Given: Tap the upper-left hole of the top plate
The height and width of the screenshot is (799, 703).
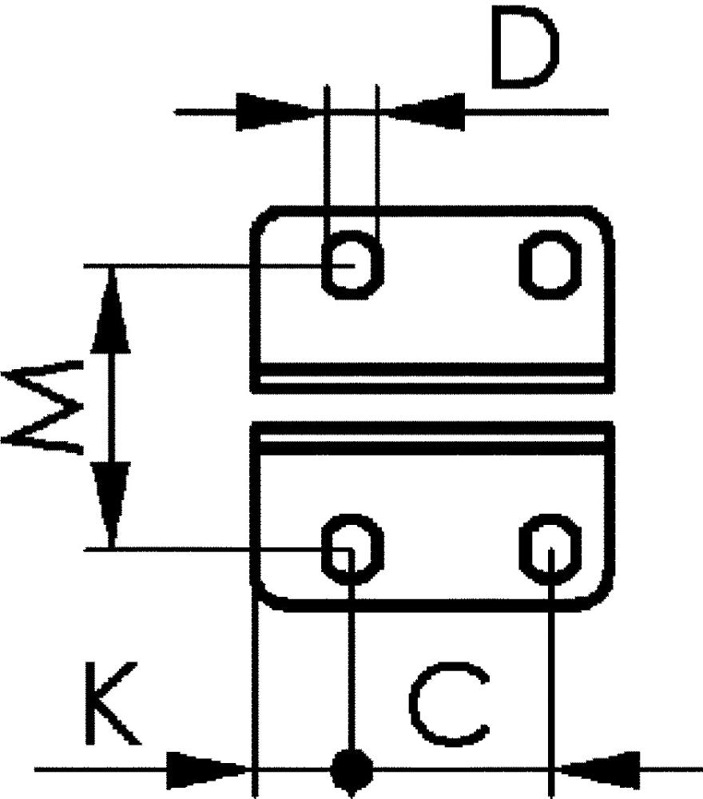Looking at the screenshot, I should (351, 263).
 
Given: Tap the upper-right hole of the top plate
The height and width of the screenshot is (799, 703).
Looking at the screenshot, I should (551, 263).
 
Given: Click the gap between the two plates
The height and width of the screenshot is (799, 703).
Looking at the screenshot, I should (431, 407).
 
